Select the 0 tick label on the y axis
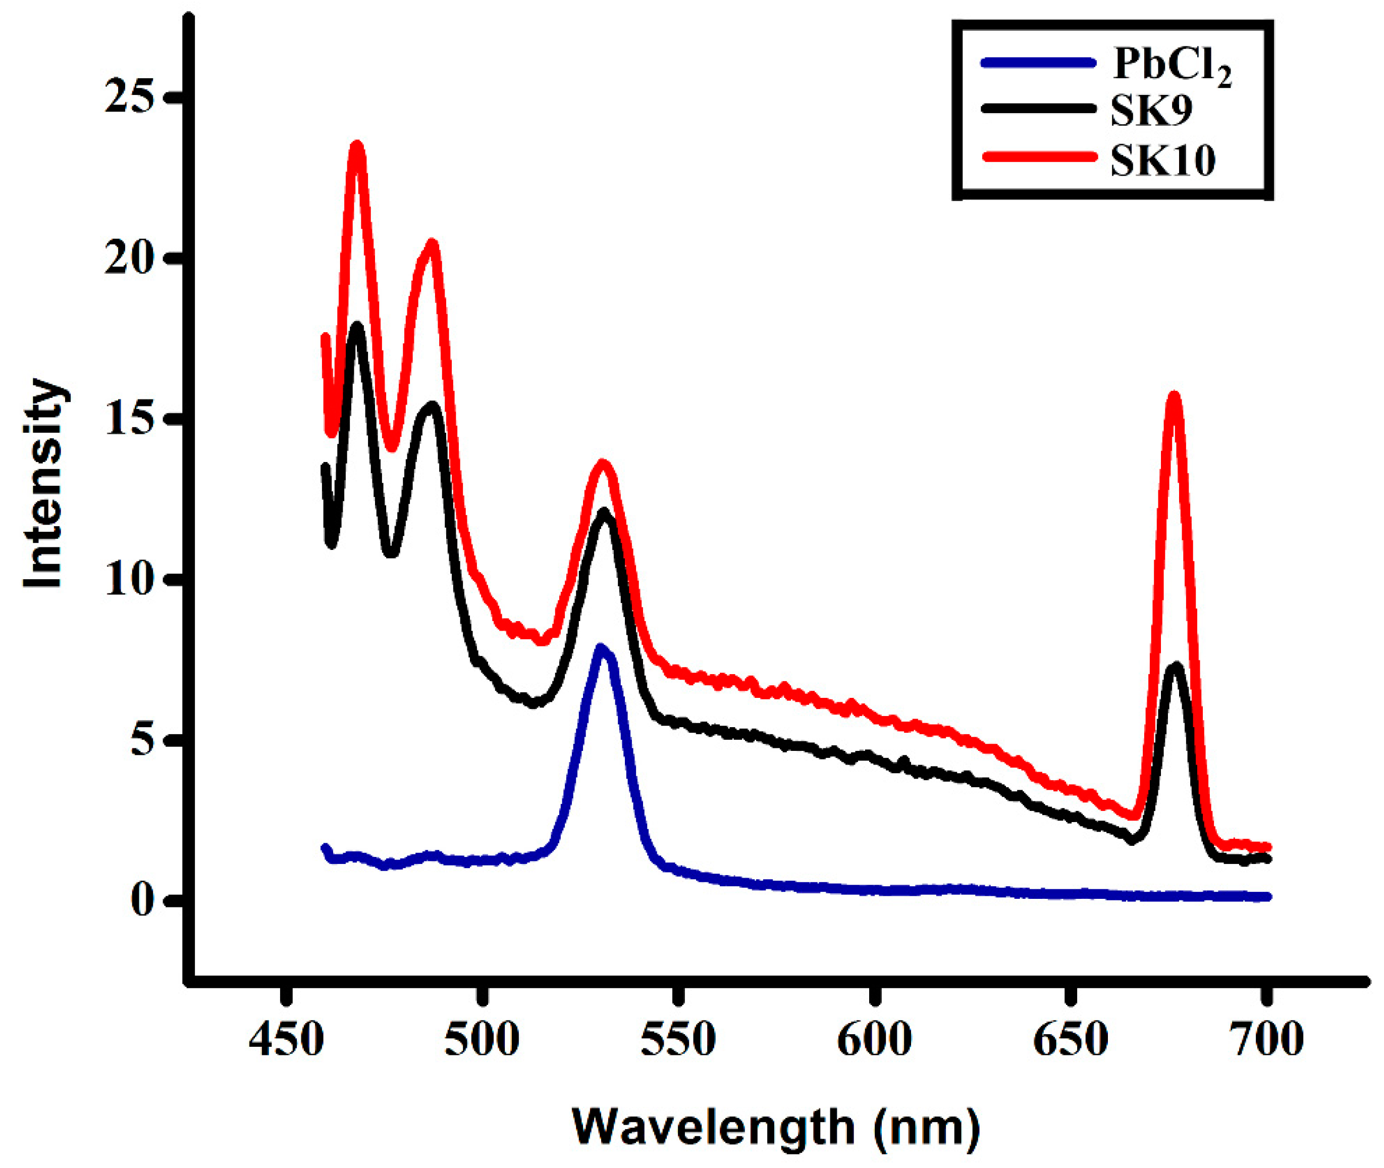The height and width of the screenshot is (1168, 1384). click(142, 900)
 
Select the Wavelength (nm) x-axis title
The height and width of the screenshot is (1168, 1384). click(776, 1126)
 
